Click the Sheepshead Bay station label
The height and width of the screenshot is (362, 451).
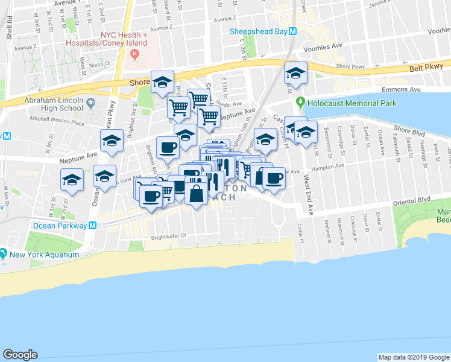point(258,31)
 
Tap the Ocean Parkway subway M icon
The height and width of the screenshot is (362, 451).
point(93,226)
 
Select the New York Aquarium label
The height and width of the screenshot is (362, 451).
point(44,255)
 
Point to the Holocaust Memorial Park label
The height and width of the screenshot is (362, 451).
point(352,103)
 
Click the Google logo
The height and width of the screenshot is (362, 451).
point(20,355)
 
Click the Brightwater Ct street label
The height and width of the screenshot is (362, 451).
point(169,237)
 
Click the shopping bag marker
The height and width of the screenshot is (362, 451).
point(197,194)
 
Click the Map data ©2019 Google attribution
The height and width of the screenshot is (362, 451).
point(412,357)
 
